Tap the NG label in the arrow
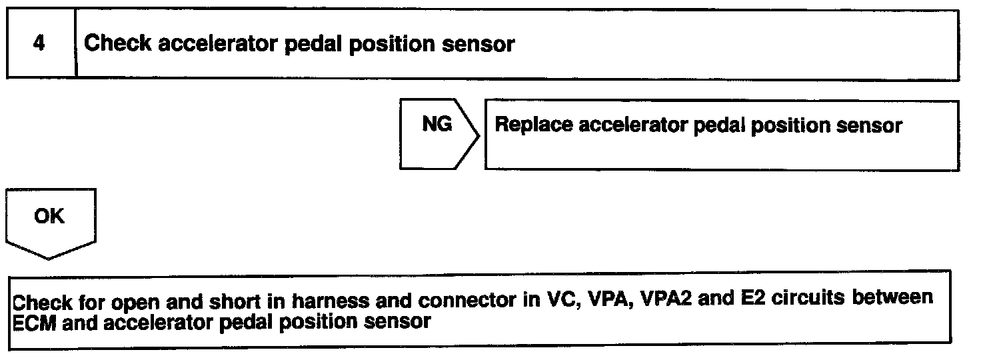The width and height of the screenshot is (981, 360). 437,125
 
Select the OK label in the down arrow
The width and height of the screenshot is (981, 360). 49,216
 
